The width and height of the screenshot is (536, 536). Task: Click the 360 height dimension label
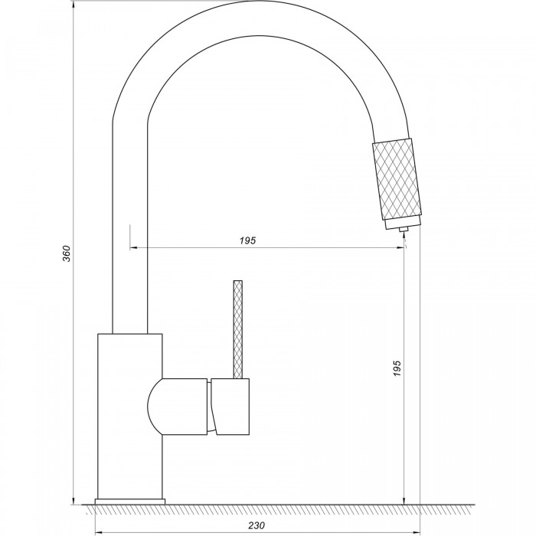(67, 253)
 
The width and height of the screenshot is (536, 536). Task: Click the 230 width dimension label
(257, 525)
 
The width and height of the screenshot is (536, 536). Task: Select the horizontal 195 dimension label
(247, 240)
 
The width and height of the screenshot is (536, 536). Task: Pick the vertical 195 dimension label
(396, 368)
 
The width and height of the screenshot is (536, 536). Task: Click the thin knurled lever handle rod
(238, 329)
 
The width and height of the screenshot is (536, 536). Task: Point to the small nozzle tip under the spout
(404, 230)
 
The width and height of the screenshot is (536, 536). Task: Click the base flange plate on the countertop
(130, 502)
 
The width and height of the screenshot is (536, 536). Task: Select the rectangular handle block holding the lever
(230, 407)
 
